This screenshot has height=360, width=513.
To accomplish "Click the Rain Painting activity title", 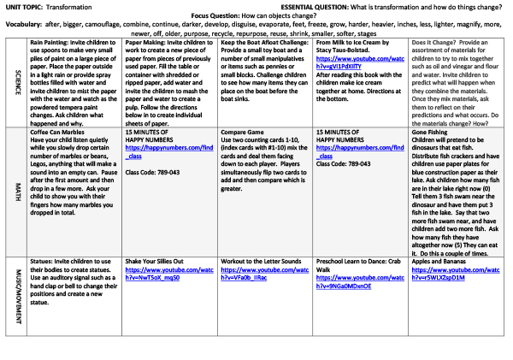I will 50,41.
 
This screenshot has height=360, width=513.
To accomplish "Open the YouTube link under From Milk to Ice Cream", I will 350,62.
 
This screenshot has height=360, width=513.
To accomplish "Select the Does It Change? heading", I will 434,41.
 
